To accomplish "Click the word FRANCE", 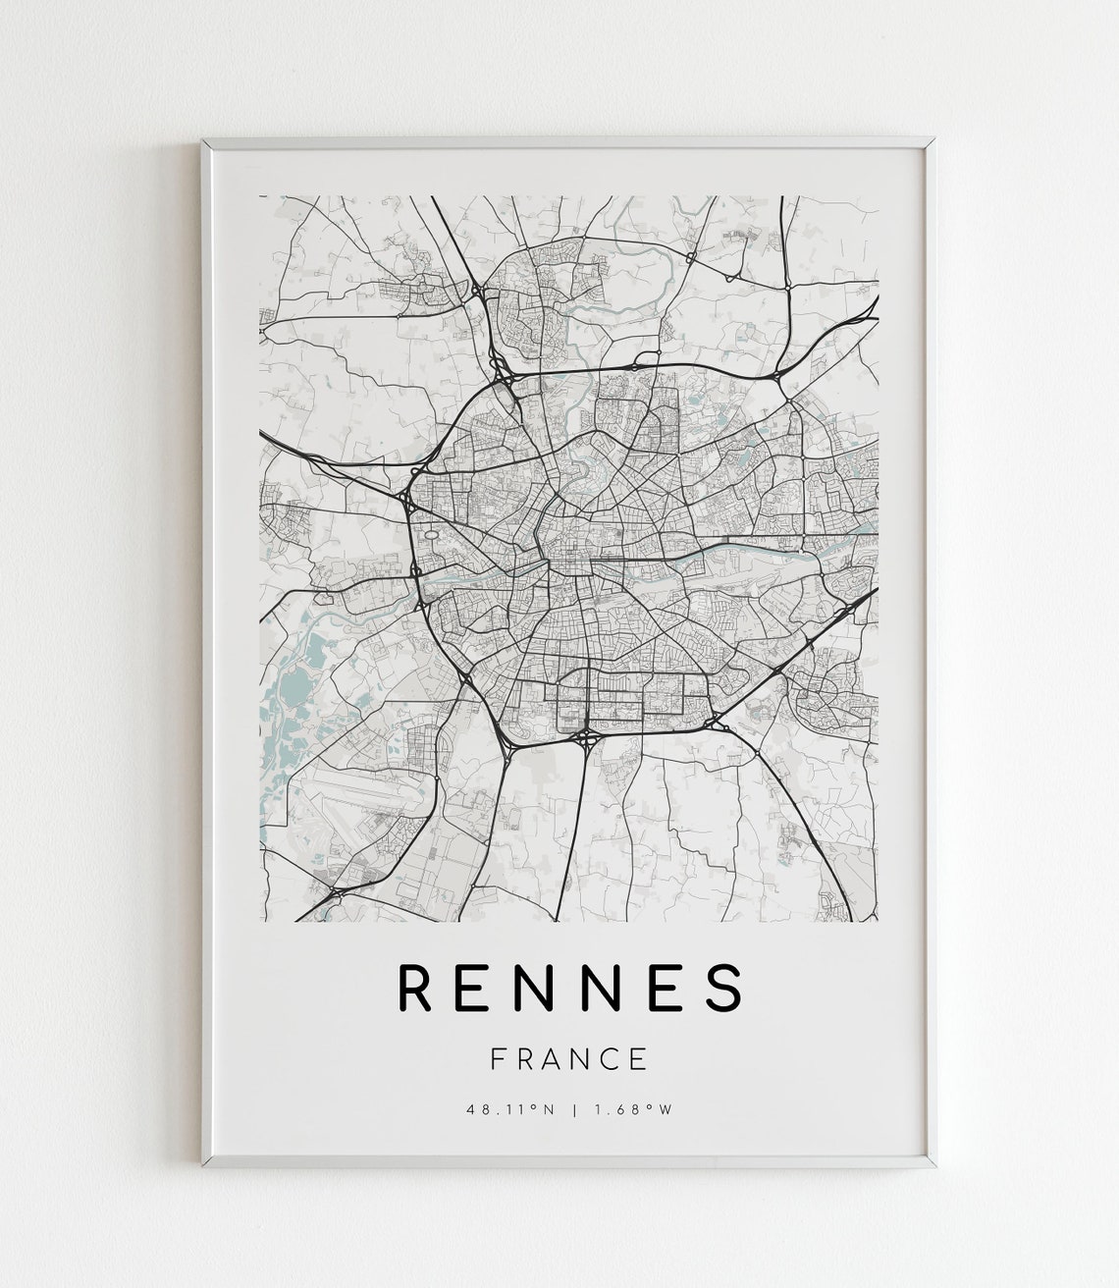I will pos(569,1058).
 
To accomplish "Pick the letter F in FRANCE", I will pos(497,1058).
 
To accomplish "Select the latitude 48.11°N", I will pos(510,1110).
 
